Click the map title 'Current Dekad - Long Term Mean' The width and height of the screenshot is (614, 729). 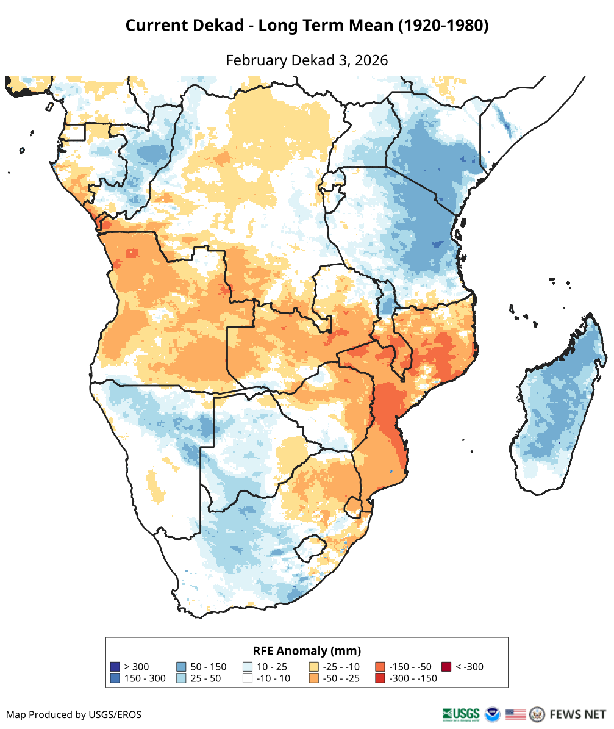click(x=307, y=26)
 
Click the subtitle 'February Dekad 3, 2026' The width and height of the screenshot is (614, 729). click(x=307, y=60)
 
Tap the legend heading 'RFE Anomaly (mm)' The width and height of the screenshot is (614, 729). click(x=307, y=650)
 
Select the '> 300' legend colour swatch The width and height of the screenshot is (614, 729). click(x=115, y=667)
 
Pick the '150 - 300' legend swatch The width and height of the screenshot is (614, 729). click(x=115, y=678)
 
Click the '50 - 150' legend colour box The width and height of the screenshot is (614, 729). click(x=181, y=667)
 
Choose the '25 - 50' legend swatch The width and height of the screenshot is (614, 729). click(x=181, y=678)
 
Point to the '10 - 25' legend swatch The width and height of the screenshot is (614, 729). click(x=248, y=667)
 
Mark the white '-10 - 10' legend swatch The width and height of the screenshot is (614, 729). click(x=248, y=678)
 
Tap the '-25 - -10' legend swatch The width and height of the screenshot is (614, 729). click(x=314, y=667)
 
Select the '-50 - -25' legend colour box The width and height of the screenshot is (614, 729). click(x=314, y=678)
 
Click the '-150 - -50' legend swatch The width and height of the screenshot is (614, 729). click(x=380, y=667)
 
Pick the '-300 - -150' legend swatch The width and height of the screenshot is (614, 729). click(x=380, y=678)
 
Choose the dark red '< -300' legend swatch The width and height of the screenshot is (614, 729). click(x=446, y=667)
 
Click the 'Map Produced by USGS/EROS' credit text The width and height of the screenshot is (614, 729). click(x=74, y=714)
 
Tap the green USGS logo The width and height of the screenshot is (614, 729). click(x=462, y=714)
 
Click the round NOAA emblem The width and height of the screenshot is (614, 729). click(x=492, y=714)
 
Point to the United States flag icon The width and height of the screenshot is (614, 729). click(x=515, y=714)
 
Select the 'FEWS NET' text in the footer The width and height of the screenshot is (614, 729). click(x=577, y=714)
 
